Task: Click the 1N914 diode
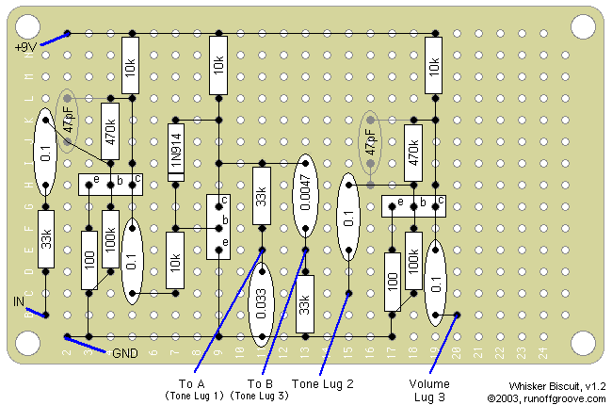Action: [x=175, y=152]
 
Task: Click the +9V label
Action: [x=26, y=47]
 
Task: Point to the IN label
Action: [x=18, y=301]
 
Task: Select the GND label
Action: [x=124, y=354]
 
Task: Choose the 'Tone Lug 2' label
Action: [x=323, y=384]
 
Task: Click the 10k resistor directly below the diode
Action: [x=175, y=260]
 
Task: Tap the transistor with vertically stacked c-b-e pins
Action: [x=218, y=226]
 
